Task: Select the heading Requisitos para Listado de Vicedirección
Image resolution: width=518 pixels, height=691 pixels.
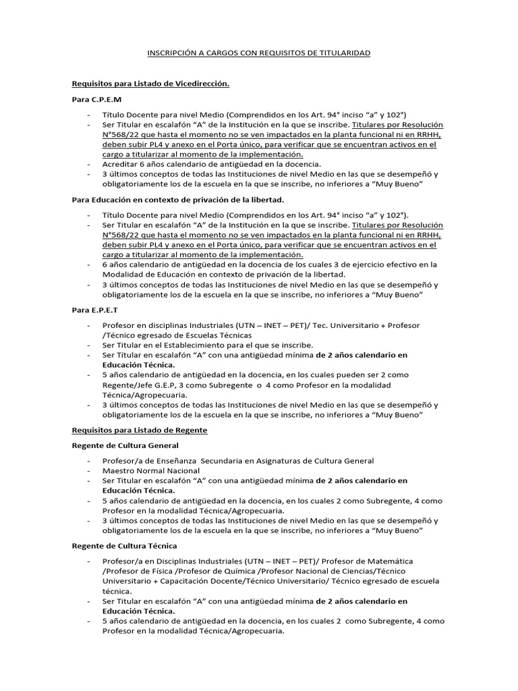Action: pos(150,84)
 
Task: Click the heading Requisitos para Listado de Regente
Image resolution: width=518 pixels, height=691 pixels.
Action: pos(140,430)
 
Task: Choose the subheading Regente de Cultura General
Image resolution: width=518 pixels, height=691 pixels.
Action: pos(125,445)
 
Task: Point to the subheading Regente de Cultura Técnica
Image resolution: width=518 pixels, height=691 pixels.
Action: pos(124,545)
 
